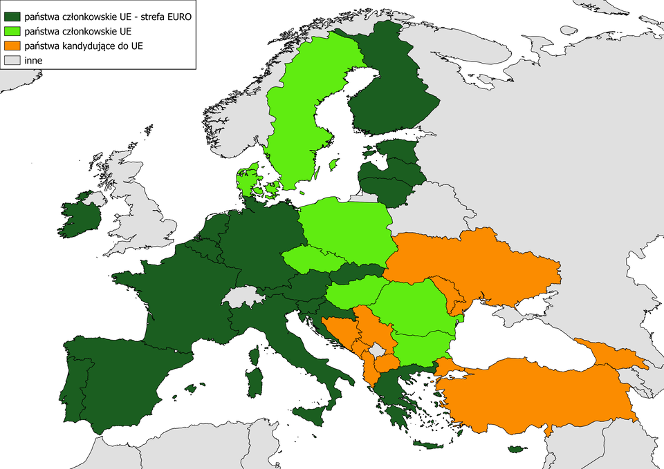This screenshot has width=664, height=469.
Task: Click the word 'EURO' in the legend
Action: [176, 15]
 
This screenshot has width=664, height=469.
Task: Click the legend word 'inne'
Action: [33, 61]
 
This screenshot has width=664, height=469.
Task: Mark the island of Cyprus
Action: [517, 450]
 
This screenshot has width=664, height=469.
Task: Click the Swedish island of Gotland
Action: [333, 164]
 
